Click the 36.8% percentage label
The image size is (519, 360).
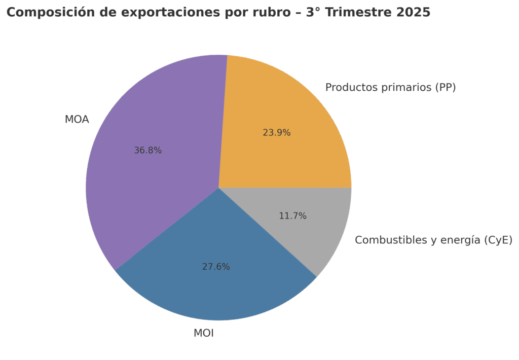click(x=147, y=151)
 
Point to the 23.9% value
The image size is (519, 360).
click(x=276, y=133)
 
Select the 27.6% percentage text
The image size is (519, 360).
click(x=216, y=267)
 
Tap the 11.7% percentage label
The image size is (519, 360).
click(x=292, y=216)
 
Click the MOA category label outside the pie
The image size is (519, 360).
click(x=77, y=120)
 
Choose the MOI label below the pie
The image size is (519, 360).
click(x=203, y=334)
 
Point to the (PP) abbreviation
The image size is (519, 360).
click(x=445, y=88)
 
